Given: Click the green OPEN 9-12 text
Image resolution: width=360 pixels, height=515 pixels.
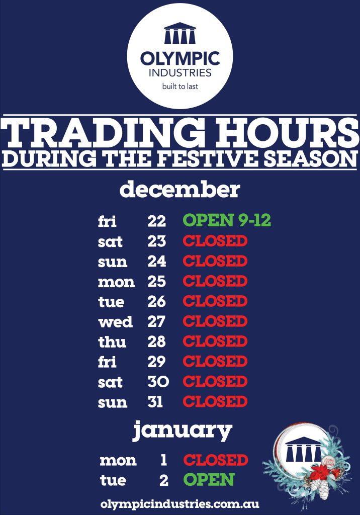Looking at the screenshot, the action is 227,220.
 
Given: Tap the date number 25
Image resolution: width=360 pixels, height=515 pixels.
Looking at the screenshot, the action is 157,282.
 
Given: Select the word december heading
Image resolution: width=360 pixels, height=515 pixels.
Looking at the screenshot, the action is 179,190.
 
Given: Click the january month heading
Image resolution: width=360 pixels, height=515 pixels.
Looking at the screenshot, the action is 183,431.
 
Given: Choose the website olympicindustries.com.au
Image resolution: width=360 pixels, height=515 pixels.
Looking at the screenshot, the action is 180,504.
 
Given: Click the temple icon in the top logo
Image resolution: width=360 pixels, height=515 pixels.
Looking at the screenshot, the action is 179,33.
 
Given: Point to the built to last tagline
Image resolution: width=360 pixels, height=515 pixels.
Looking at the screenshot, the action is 180,87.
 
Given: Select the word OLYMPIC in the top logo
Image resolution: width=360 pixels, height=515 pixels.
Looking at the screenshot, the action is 180,58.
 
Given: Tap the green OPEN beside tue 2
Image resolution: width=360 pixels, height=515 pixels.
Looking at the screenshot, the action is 209,480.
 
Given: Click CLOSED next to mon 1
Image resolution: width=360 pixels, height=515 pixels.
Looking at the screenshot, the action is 216,460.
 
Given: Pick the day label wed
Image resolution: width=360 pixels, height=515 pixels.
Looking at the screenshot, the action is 115,322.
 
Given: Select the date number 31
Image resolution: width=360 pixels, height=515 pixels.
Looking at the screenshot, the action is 155,402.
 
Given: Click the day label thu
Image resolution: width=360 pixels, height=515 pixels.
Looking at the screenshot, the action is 112,342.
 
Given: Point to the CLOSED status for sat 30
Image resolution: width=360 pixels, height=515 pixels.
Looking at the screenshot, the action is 215,382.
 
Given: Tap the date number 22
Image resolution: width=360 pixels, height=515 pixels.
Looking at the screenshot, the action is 157,221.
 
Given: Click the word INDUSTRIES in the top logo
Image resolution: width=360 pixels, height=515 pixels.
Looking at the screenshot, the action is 180,72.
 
